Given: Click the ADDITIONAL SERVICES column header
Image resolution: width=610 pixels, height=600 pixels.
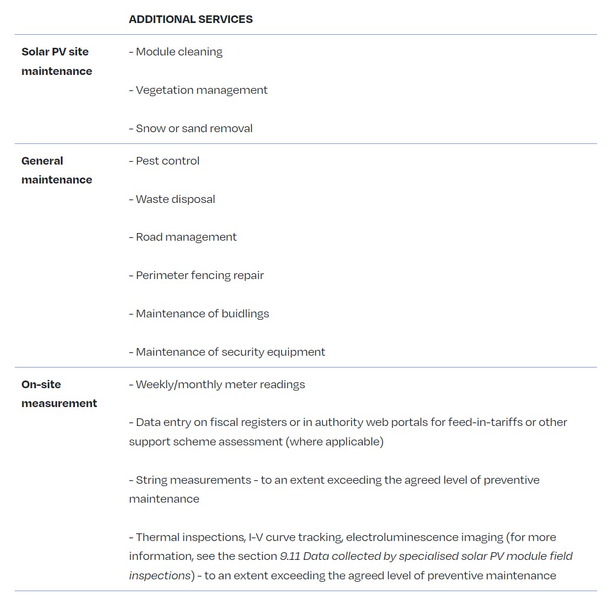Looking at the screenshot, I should [191, 19].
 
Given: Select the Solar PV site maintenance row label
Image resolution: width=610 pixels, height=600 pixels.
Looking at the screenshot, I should [57, 61].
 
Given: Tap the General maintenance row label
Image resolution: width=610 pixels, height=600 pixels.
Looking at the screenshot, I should [57, 170].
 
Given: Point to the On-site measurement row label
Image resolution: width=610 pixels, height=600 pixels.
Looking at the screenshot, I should [59, 394].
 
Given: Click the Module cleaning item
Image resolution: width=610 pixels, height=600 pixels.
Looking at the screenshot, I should [179, 52].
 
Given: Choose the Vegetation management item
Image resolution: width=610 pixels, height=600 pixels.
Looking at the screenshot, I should [201, 90].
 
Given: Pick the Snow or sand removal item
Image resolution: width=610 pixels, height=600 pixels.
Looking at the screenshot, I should [194, 129].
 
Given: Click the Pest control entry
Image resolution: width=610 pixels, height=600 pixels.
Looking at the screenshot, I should [168, 161].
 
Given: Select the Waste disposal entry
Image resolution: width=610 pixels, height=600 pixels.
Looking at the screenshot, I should [175, 199].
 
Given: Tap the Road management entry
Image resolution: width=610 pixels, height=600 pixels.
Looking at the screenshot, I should [186, 237].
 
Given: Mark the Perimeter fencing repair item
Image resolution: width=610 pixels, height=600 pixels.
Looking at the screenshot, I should [199, 276].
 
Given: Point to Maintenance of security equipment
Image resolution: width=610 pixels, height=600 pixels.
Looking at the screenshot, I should [230, 352].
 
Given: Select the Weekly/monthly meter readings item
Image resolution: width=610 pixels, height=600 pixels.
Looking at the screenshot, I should [220, 385].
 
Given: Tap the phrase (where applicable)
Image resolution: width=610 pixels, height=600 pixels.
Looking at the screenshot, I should [334, 442].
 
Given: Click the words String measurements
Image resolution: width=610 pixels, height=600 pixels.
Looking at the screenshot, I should [193, 480].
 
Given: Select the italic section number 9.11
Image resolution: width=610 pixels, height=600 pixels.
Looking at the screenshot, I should [290, 556].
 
